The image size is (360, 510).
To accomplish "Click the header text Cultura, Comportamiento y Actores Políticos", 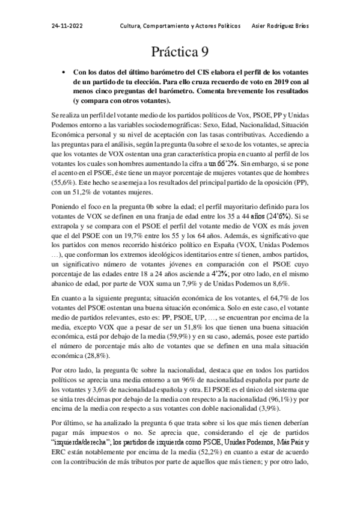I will point(180,27).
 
